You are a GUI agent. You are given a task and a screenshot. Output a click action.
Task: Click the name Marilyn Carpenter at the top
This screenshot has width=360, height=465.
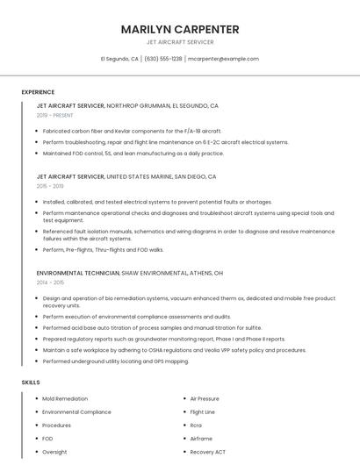pyautogui.click(x=180, y=29)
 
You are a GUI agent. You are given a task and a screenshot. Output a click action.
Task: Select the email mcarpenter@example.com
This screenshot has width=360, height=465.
pyautogui.click(x=224, y=59)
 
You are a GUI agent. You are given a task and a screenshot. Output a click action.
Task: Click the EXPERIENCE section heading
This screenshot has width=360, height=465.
pyautogui.click(x=38, y=92)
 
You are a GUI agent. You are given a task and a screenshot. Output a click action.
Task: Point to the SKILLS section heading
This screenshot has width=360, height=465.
pyautogui.click(x=31, y=383)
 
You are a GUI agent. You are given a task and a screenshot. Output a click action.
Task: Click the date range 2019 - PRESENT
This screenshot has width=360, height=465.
pyautogui.click(x=55, y=115)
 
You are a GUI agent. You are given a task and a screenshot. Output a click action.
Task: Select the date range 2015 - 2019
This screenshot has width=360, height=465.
pyautogui.click(x=50, y=186)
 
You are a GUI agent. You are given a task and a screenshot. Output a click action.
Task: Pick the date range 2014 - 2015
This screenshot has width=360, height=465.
pyautogui.click(x=50, y=283)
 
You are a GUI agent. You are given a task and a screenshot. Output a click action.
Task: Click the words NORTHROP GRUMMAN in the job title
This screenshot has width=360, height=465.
pyautogui.click(x=139, y=105)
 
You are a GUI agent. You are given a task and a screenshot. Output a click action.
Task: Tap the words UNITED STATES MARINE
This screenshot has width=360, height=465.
pyautogui.click(x=140, y=176)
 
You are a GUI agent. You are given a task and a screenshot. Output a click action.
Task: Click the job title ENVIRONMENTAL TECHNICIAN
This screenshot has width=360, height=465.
pyautogui.click(x=77, y=273)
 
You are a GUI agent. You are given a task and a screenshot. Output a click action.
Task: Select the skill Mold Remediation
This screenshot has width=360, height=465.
pyautogui.click(x=65, y=398)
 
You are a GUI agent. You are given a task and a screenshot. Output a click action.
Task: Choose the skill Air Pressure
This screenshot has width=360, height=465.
pyautogui.click(x=205, y=398)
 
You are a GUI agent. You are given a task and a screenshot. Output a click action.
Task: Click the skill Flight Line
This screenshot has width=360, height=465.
pyautogui.click(x=202, y=411)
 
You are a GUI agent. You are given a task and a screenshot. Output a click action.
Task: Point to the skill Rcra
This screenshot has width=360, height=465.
pyautogui.click(x=196, y=425)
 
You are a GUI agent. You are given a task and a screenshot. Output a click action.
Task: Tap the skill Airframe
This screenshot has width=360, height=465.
pyautogui.click(x=201, y=438)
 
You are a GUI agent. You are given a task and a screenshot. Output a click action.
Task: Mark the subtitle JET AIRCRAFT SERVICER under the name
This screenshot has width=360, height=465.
pyautogui.click(x=180, y=42)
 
